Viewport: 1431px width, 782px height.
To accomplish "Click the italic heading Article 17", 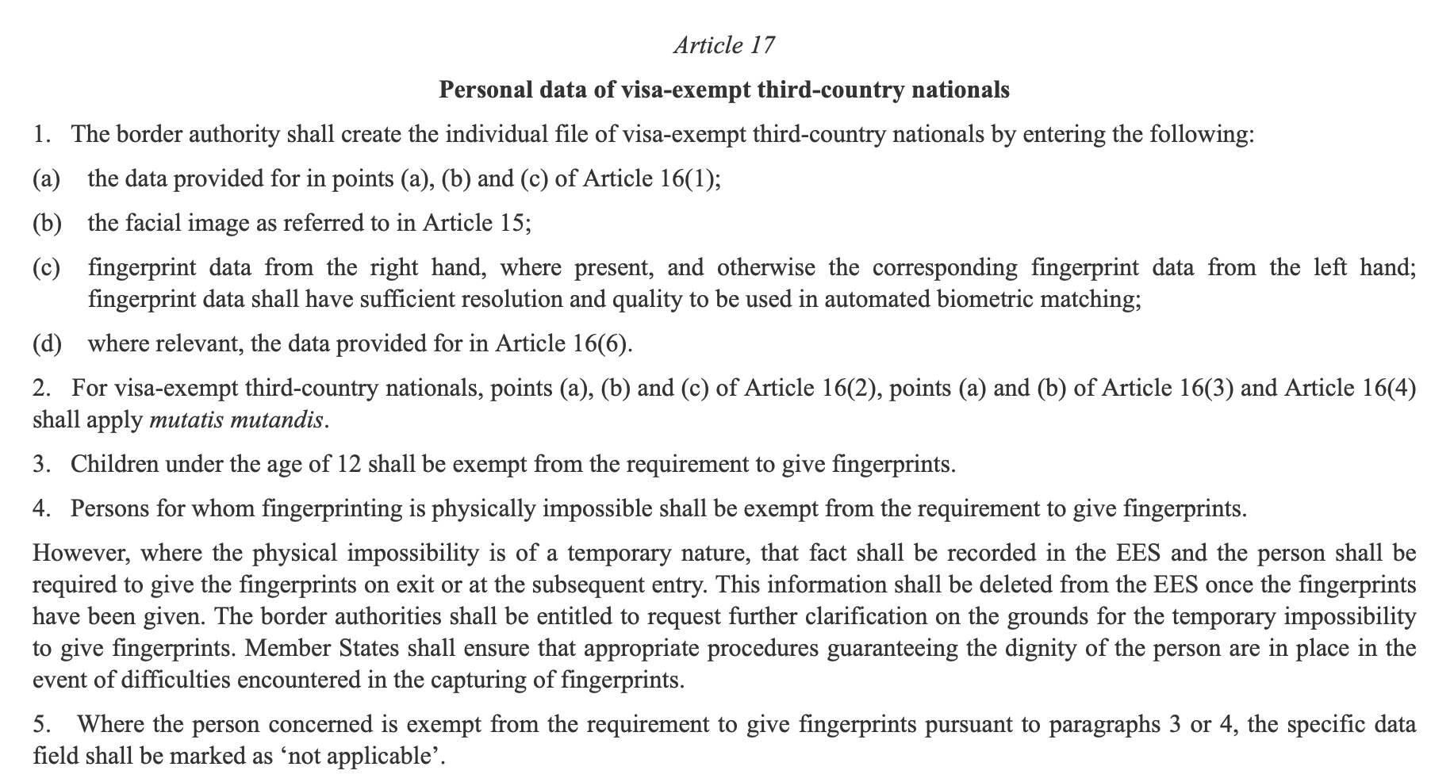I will click(723, 44).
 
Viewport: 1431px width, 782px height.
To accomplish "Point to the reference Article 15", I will click(474, 223).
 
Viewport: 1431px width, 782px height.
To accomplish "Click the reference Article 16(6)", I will click(564, 343).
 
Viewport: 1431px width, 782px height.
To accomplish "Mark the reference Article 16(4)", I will click(1349, 388).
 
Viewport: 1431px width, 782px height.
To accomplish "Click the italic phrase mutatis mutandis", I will click(236, 419).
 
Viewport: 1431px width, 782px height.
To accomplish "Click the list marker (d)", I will click(47, 343).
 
